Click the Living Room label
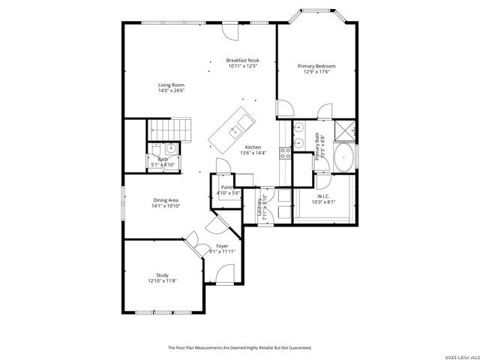[171, 85]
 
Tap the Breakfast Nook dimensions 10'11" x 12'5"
[242, 66]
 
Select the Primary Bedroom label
[319, 66]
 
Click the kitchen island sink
[242, 120]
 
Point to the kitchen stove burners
[285, 153]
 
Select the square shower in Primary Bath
[344, 131]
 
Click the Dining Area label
[166, 200]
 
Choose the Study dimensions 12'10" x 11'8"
[162, 280]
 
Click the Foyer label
[222, 246]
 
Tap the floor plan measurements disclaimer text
[239, 347]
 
